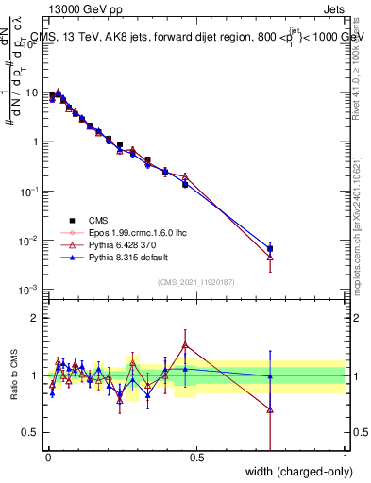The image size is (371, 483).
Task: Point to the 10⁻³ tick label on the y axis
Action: coord(30,290)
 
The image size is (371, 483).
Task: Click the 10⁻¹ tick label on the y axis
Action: coord(30,192)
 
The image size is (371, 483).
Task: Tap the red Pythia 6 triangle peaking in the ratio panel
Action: coord(185,344)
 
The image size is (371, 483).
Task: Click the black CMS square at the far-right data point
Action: coord(270,249)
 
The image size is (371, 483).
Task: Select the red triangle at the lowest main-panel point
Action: coord(270,256)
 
